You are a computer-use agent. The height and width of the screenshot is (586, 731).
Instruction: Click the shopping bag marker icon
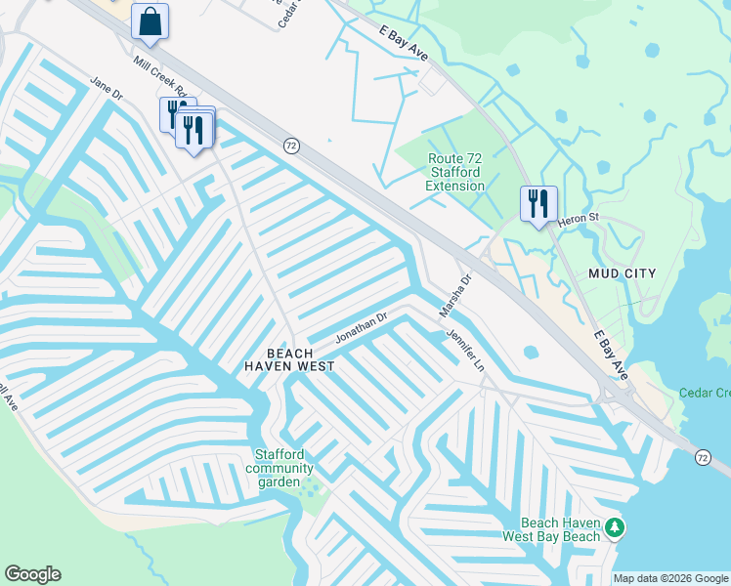150,21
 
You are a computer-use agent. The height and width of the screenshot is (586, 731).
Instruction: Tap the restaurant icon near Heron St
538,204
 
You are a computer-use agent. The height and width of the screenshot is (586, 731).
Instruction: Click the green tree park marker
614,528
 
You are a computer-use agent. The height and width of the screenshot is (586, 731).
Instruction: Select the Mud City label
623,272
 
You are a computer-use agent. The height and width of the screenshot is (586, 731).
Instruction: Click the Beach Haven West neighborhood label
289,359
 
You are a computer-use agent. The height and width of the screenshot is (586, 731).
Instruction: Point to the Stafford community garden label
279,469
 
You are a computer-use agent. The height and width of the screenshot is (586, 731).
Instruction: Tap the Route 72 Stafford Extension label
455,172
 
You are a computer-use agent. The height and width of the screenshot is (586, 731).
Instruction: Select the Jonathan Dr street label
362,327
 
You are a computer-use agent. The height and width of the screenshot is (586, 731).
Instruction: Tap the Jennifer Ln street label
465,349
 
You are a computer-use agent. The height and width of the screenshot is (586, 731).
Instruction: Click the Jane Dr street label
106,89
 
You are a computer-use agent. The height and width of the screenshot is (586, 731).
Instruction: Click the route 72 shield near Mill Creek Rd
291,146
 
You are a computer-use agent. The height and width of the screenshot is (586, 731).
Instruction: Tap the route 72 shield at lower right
703,457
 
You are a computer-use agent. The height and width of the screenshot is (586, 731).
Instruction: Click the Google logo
32,574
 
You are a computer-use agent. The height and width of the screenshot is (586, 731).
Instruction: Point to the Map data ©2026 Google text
670,578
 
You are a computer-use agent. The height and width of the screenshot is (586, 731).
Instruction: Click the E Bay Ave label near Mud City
611,356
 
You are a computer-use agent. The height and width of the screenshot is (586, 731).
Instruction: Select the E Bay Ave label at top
404,43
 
